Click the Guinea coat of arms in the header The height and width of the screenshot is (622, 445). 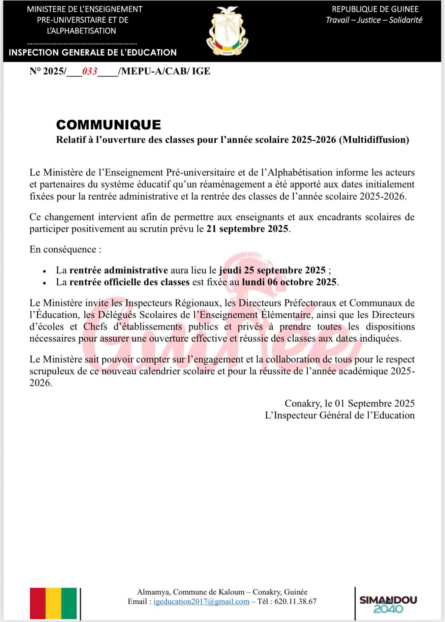[x=227, y=31]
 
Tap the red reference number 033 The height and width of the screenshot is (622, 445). [x=90, y=71]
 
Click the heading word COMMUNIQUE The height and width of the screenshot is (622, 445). [x=108, y=125]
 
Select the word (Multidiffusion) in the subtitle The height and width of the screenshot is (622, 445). [x=374, y=140]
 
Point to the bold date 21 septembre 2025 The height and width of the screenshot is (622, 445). [x=247, y=229]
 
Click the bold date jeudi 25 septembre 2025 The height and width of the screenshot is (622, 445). [x=272, y=270]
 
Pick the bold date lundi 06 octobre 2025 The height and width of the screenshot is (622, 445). [x=289, y=282]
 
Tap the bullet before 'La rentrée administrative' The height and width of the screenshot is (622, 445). [x=44, y=271]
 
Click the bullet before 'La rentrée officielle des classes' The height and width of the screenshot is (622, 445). [x=44, y=283]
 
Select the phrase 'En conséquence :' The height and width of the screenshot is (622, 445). [x=65, y=249]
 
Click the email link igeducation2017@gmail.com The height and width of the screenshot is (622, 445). [x=201, y=601]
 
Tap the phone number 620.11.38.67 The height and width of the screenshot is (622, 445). [x=295, y=601]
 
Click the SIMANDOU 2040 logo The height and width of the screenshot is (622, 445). [x=388, y=604]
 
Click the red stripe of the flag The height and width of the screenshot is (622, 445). [x=38, y=603]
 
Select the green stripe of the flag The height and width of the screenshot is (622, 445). [x=69, y=603]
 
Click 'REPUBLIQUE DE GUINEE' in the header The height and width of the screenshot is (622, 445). [x=375, y=9]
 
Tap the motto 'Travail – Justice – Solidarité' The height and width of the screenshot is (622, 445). [x=374, y=20]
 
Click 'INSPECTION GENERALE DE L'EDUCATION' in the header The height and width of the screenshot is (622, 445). [x=93, y=53]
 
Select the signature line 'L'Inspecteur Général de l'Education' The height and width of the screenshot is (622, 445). [x=339, y=415]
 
